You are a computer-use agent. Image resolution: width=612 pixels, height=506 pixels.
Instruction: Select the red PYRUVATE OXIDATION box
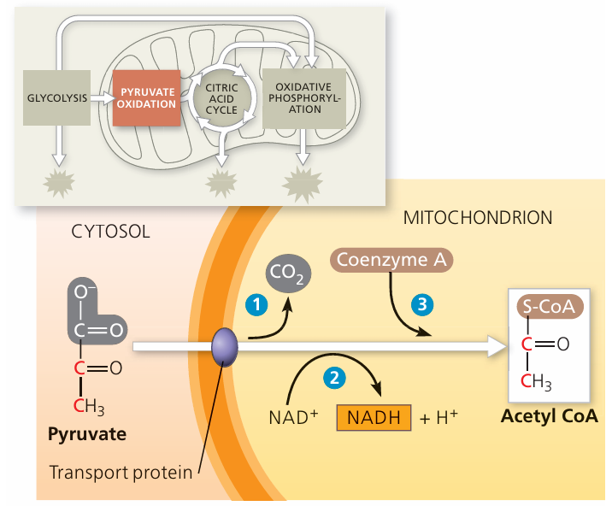pyautogui.click(x=147, y=97)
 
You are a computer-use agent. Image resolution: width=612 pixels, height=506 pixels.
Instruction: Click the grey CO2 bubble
pyautogui.click(x=289, y=274)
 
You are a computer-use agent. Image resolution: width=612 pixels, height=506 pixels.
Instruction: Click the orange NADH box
pyautogui.click(x=374, y=417)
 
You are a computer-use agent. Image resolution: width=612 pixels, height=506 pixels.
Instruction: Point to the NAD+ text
pyautogui.click(x=293, y=418)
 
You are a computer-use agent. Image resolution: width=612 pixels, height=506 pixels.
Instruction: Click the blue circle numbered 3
pyautogui.click(x=420, y=303)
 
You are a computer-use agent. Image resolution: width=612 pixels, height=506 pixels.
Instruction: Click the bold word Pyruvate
pyautogui.click(x=87, y=434)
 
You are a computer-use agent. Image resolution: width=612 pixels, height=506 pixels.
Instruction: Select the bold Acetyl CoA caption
pyautogui.click(x=550, y=418)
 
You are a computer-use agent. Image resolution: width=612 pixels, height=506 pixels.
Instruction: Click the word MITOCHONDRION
pyautogui.click(x=477, y=218)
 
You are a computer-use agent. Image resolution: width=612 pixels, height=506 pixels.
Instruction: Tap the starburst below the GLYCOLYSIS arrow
pyautogui.click(x=58, y=180)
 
